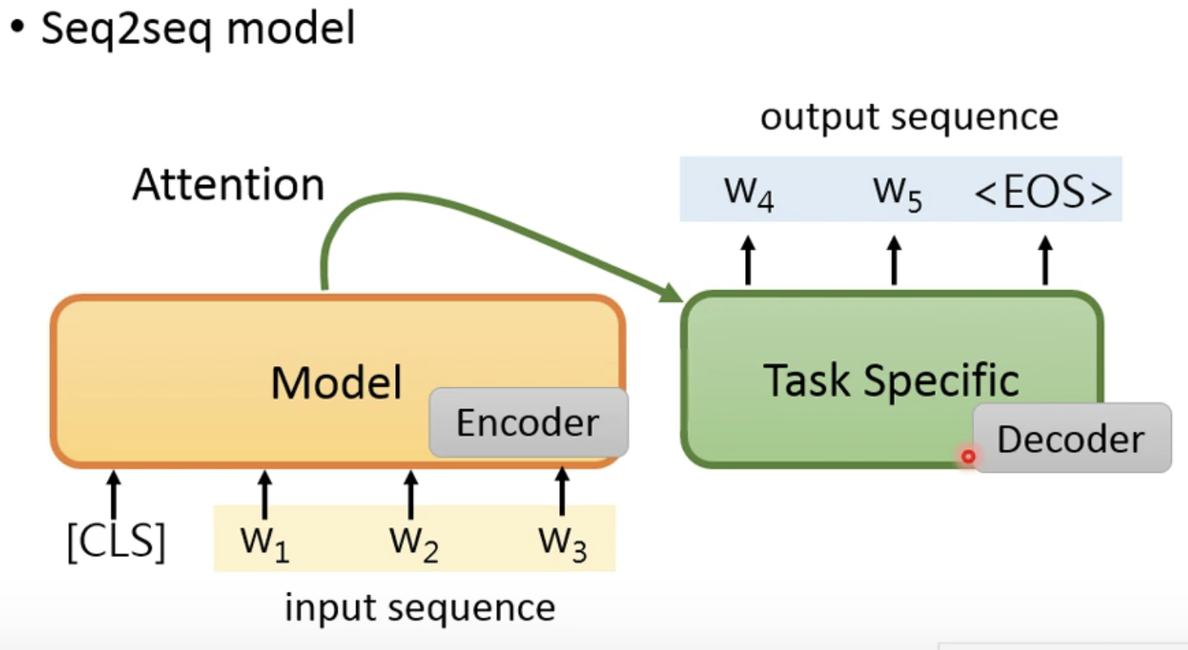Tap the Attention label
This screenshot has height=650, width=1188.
pyautogui.click(x=229, y=185)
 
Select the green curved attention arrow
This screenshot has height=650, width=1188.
pyautogui.click(x=453, y=211)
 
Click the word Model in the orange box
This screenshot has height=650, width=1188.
pyautogui.click(x=336, y=382)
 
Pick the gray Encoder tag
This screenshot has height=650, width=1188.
pyautogui.click(x=528, y=423)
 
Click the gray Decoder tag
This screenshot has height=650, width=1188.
pyautogui.click(x=1072, y=438)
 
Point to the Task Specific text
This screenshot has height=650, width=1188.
pyautogui.click(x=891, y=380)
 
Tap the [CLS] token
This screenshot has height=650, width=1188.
pyautogui.click(x=116, y=542)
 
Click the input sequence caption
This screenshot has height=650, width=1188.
pyautogui.click(x=419, y=607)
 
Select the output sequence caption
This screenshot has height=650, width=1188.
pyautogui.click(x=909, y=117)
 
